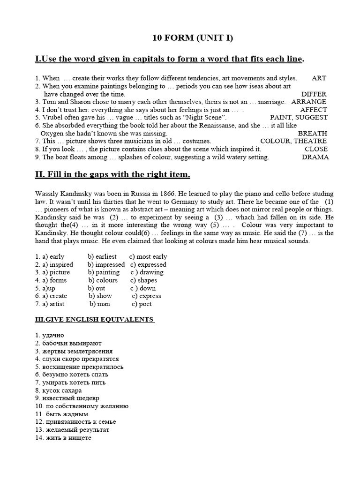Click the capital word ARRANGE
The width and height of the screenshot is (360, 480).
pyautogui.click(x=309, y=102)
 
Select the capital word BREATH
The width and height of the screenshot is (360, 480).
pyautogui.click(x=312, y=133)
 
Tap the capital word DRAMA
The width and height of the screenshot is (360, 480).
pyautogui.click(x=315, y=157)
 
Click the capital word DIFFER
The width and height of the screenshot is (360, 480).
pyautogui.click(x=314, y=94)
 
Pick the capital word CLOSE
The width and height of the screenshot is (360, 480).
pyautogui.click(x=316, y=149)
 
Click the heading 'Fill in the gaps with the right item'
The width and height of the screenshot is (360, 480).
pyautogui.click(x=112, y=175)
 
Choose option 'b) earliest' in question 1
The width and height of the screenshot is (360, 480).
pyautogui.click(x=102, y=256)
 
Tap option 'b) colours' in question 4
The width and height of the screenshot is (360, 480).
pyautogui.click(x=103, y=280)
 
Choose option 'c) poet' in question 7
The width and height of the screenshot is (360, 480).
pyautogui.click(x=142, y=304)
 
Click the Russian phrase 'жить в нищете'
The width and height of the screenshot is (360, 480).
pyautogui.click(x=68, y=438)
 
